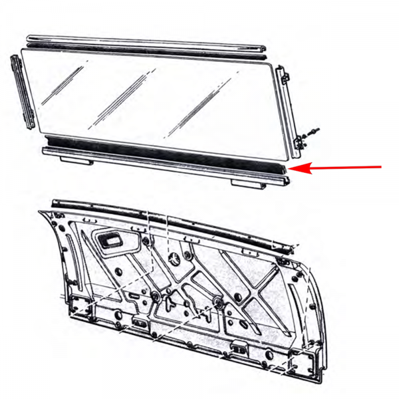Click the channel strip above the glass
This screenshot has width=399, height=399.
click(146, 45)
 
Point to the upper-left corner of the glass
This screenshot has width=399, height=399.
click(28, 50)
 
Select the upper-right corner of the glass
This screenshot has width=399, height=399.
click(274, 65)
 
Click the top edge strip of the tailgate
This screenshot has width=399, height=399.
click(166, 216)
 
